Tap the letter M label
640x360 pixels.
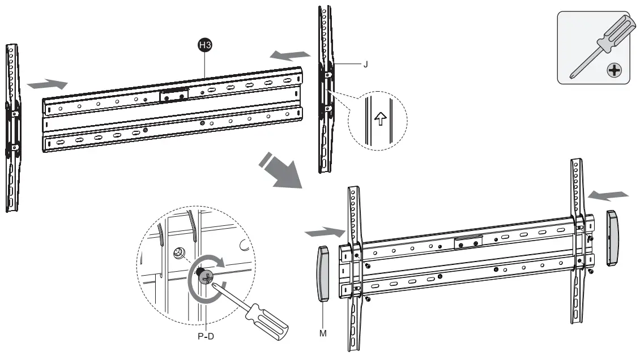[323, 333]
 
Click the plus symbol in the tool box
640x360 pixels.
[612, 71]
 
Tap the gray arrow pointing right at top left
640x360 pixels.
[47, 84]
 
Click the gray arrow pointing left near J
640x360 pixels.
[290, 55]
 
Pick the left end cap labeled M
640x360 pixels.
[322, 274]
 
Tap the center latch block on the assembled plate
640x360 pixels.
[468, 242]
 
